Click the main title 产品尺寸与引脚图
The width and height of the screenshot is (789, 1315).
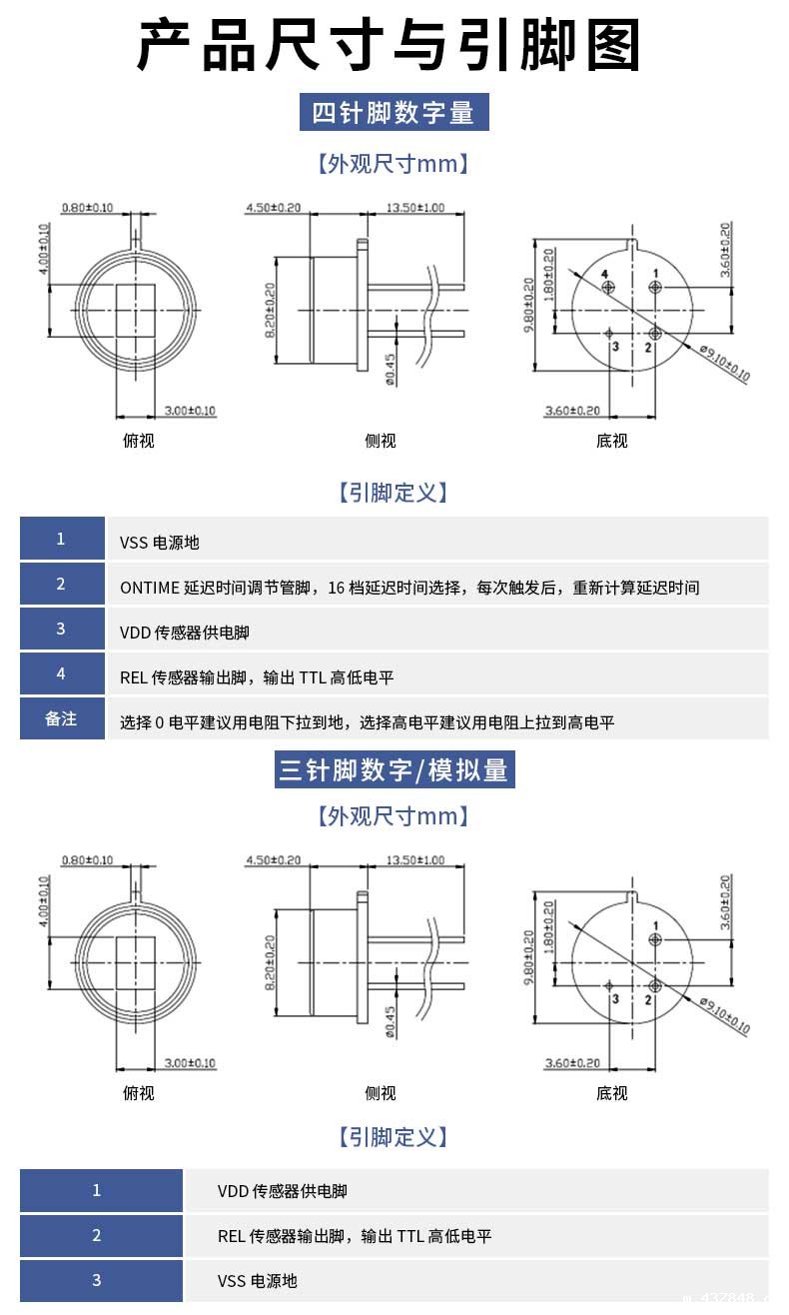[389, 46]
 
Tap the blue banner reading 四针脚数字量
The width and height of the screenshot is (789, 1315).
[394, 112]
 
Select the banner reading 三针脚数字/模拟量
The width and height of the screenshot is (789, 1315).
[394, 769]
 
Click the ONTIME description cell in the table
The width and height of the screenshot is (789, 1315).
[409, 587]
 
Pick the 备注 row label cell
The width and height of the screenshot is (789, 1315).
[61, 718]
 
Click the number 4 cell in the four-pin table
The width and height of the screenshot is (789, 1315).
[61, 673]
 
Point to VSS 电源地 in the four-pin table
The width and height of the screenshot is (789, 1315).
[160, 543]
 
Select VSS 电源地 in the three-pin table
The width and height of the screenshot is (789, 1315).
[257, 1280]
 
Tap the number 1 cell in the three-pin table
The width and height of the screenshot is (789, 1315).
[97, 1190]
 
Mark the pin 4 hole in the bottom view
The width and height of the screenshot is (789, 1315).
[609, 288]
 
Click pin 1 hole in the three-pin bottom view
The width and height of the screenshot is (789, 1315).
[655, 939]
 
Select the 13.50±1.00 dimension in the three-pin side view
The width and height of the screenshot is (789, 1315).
[415, 860]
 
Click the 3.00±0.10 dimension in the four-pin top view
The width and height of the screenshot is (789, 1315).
[189, 411]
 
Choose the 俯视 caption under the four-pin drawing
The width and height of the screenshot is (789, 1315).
[138, 441]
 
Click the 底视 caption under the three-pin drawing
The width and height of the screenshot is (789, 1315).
[611, 1093]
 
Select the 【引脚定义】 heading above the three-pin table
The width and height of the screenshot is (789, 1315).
[394, 1137]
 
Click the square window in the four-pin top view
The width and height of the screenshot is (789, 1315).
[137, 311]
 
